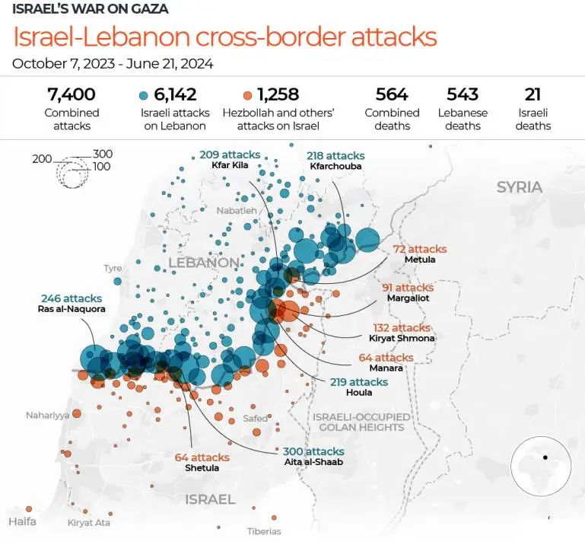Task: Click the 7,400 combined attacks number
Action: [x=71, y=94]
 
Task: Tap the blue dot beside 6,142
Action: [x=144, y=96]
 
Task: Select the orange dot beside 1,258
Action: [x=247, y=96]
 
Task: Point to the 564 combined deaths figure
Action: [x=392, y=94]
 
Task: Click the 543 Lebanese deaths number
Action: [x=463, y=94]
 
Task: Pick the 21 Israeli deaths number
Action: [x=533, y=94]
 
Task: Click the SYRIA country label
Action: [x=520, y=187]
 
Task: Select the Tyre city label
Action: [x=113, y=268]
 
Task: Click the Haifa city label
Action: [x=22, y=521]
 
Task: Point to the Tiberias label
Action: [x=264, y=531]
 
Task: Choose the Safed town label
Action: [x=255, y=419]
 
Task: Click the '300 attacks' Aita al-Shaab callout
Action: [x=313, y=451]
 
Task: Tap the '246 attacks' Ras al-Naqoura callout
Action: [x=71, y=298]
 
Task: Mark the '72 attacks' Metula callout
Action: [x=419, y=249]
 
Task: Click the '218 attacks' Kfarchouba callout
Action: [x=335, y=155]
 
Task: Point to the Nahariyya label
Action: [x=47, y=415]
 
